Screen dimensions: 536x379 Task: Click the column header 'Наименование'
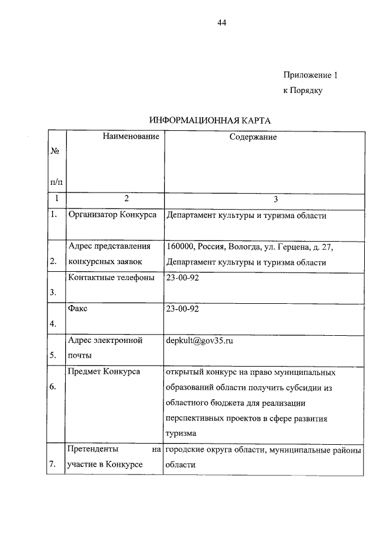coord(131,137)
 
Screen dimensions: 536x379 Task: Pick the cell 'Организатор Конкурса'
coord(113,215)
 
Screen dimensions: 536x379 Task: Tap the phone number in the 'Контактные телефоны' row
coord(183,278)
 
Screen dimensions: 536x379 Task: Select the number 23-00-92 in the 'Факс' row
coord(183,309)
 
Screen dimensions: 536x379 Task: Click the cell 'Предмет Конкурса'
coord(104,372)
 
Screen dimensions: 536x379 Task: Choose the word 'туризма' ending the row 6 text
coord(182,434)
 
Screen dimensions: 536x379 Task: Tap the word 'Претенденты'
coord(92,450)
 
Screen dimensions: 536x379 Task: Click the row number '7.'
coord(54,465)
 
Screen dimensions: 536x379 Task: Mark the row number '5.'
coord(54,355)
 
